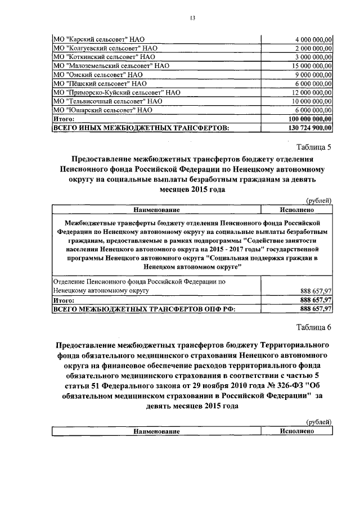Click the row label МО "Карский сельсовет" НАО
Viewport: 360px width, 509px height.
pos(91,39)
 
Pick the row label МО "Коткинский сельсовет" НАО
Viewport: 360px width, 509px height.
pos(96,57)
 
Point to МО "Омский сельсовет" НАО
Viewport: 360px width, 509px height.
pos(89,75)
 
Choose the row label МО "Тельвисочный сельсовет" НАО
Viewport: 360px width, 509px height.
pos(100,101)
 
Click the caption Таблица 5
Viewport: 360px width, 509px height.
pos(314,148)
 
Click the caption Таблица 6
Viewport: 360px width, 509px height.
pos(314,327)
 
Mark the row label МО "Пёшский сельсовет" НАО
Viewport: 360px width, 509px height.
pos(92,83)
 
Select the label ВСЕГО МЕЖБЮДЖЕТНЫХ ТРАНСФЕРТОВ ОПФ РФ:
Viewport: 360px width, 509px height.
pos(143,309)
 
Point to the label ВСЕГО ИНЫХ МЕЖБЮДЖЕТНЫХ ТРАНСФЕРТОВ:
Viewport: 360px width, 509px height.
pos(141,128)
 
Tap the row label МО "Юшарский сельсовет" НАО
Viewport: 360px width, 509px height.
pos(94,110)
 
